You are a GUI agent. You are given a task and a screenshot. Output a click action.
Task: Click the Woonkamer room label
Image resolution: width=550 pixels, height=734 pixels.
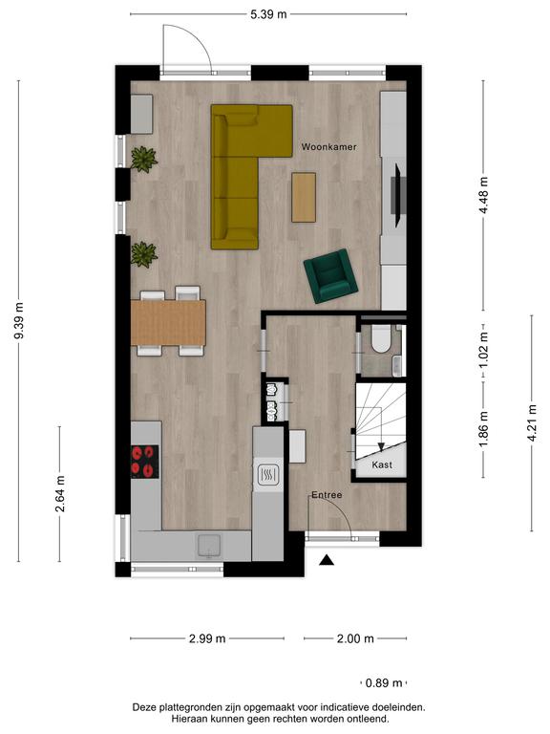[x=328, y=147]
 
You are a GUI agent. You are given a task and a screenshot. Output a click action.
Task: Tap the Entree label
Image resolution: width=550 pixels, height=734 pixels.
[x=327, y=495]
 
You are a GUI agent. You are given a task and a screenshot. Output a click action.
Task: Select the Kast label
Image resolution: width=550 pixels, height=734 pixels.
[x=382, y=464]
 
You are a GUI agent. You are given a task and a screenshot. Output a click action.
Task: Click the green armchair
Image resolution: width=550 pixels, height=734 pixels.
[x=330, y=275]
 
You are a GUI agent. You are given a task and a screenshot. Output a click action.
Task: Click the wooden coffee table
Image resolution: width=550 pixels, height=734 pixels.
[x=304, y=197]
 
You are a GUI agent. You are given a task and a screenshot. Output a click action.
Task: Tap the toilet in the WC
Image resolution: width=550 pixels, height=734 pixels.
[x=381, y=339]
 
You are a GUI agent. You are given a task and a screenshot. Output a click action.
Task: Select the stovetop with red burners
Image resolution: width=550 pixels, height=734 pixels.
[x=144, y=462]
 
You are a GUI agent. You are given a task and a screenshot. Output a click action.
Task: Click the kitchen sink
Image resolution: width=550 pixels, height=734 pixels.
[x=210, y=547]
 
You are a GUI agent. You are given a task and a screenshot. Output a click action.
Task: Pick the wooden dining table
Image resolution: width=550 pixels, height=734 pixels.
[x=168, y=323]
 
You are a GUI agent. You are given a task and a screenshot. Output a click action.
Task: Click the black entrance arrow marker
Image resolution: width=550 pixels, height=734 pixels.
[x=327, y=560]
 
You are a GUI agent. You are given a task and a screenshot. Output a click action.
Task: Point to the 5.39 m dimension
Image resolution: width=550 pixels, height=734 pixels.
[x=268, y=14]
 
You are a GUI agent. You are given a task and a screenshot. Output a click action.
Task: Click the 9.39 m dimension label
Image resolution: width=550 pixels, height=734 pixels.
[x=19, y=321]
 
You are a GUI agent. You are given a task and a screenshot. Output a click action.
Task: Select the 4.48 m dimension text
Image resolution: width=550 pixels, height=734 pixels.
[x=483, y=195]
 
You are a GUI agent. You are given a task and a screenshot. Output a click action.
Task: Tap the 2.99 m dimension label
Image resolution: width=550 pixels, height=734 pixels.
[x=207, y=638]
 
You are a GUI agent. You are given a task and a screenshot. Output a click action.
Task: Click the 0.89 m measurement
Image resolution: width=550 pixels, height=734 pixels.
[x=384, y=683]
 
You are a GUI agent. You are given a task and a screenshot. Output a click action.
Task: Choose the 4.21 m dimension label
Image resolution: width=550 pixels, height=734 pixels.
[x=532, y=423]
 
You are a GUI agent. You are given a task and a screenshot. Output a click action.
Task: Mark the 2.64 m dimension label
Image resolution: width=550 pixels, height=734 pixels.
[x=60, y=494]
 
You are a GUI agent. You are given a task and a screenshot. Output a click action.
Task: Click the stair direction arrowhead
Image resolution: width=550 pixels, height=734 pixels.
[x=381, y=447]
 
